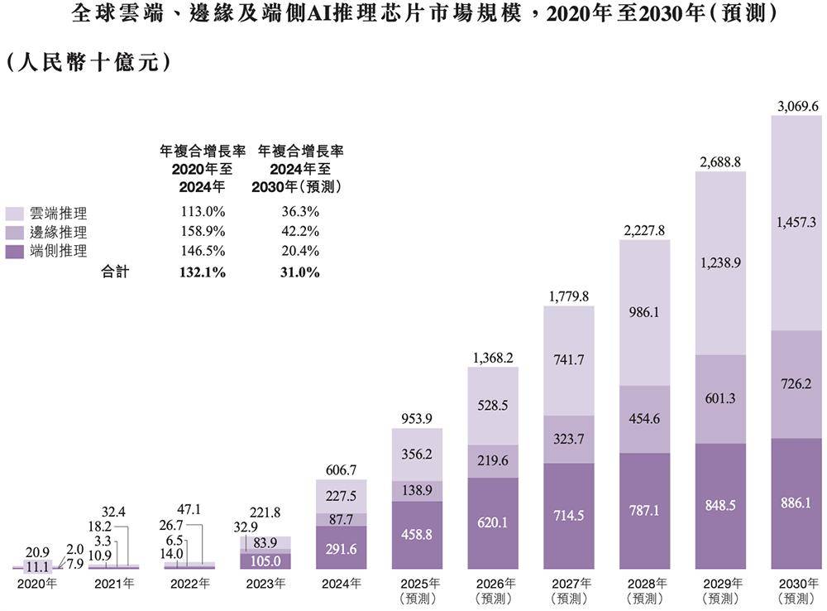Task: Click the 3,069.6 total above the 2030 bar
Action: (x=797, y=106)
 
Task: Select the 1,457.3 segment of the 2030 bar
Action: (x=797, y=222)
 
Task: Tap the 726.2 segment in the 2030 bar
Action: (x=797, y=384)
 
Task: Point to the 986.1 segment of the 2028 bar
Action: (x=645, y=313)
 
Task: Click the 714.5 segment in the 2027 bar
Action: (x=569, y=515)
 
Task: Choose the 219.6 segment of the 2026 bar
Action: (x=493, y=459)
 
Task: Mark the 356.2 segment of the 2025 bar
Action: (x=417, y=454)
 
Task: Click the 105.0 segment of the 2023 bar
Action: (x=265, y=561)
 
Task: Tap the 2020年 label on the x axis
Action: (x=37, y=584)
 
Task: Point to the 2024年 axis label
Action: (x=341, y=584)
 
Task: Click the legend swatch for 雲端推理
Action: (x=15, y=214)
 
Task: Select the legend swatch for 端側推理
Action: (x=15, y=251)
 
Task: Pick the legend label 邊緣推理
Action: (x=58, y=233)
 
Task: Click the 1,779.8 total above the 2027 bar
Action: (x=569, y=296)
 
